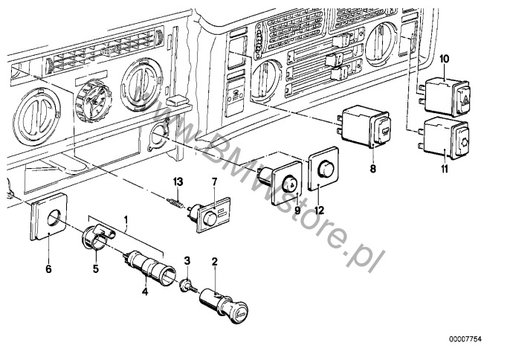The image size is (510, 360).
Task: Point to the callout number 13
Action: (177, 182)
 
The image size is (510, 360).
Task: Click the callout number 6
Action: (49, 250)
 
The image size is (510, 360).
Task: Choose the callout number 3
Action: (187, 260)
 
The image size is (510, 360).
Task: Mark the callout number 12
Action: (319, 211)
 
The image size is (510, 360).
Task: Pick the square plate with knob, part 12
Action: (323, 173)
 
